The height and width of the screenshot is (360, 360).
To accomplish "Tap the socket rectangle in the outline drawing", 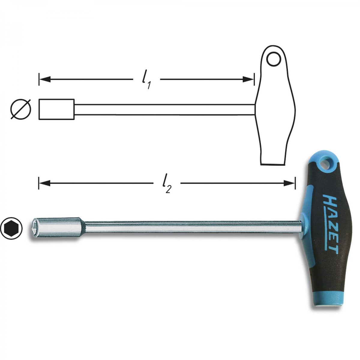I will [x=57, y=109].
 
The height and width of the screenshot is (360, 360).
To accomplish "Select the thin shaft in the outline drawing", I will [x=165, y=109].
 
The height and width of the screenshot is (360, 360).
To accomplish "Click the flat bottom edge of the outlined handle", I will [x=272, y=164].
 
